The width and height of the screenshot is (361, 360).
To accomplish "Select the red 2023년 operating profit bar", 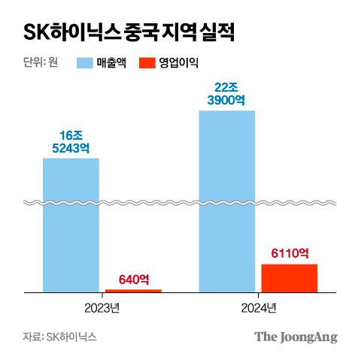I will pos(133,290).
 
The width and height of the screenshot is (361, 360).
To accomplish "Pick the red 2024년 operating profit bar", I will pos(290,277).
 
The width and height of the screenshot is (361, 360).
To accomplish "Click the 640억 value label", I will pos(133,280).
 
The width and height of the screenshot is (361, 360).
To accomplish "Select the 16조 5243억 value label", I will pos(71,142).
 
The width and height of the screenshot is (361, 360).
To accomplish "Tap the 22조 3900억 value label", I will pos(227,94).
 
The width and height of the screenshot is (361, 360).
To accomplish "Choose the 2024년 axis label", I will pos(259,307).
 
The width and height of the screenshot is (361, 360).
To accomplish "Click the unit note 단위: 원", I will pos(41,63).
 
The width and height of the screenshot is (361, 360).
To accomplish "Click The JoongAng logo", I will pos(296,337).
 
